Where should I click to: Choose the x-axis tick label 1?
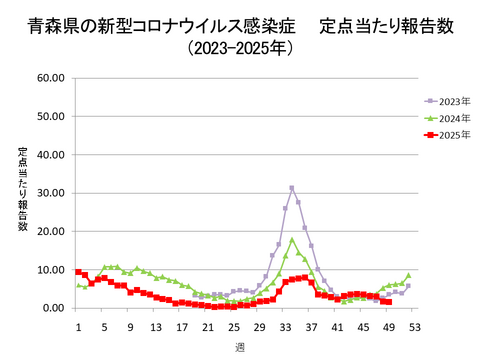pos(78,328)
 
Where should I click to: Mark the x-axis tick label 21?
pos(208,328)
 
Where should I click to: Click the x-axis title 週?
pos(240,346)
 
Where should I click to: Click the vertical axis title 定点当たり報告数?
pos(22,191)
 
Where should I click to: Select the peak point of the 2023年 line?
pos(292,187)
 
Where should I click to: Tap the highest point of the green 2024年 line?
pos(292,240)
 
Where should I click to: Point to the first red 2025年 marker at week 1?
pos(78,272)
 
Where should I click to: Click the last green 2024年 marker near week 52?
pos(408,275)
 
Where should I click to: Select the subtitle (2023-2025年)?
pos(240,48)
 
